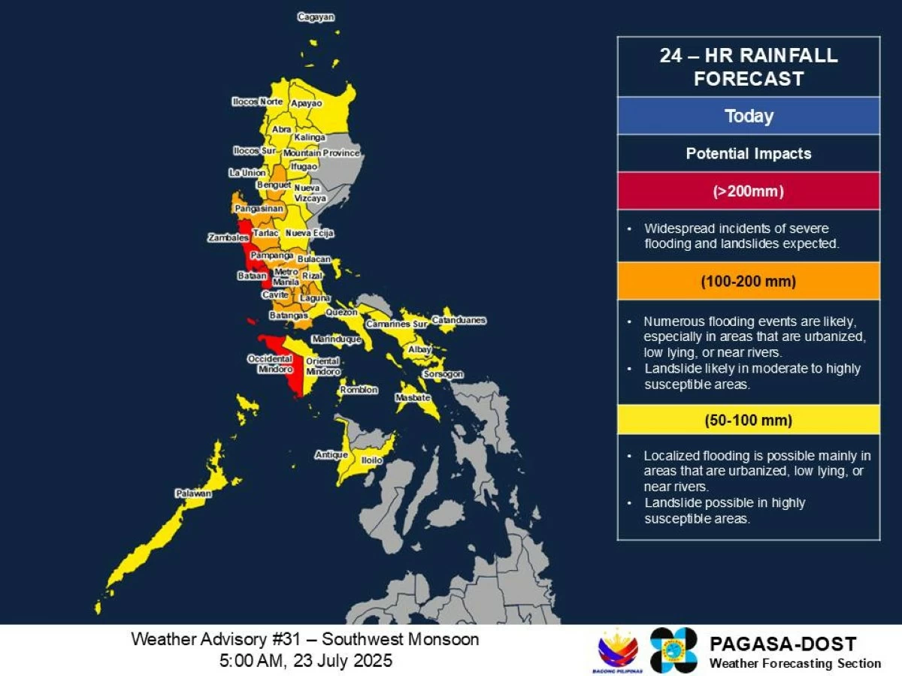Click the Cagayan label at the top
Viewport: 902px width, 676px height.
point(316,17)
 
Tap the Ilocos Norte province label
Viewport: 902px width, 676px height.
point(257,101)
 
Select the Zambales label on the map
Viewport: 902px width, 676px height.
point(229,238)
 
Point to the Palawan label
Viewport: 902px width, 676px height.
point(193,494)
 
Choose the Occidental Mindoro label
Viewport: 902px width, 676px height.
point(270,364)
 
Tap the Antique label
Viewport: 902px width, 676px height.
point(331,455)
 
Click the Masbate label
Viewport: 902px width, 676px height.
point(413,397)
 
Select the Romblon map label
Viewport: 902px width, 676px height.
point(359,390)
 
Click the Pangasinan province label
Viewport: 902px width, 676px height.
point(259,208)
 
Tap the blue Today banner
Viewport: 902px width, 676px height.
point(749,116)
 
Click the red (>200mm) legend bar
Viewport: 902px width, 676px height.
point(749,192)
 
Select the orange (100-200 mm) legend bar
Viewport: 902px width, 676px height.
point(749,282)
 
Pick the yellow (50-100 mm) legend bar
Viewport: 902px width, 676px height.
point(749,420)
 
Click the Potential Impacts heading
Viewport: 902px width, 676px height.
point(749,154)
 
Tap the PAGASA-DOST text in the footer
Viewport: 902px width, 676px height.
point(782,644)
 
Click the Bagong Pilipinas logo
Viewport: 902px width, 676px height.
point(618,650)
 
